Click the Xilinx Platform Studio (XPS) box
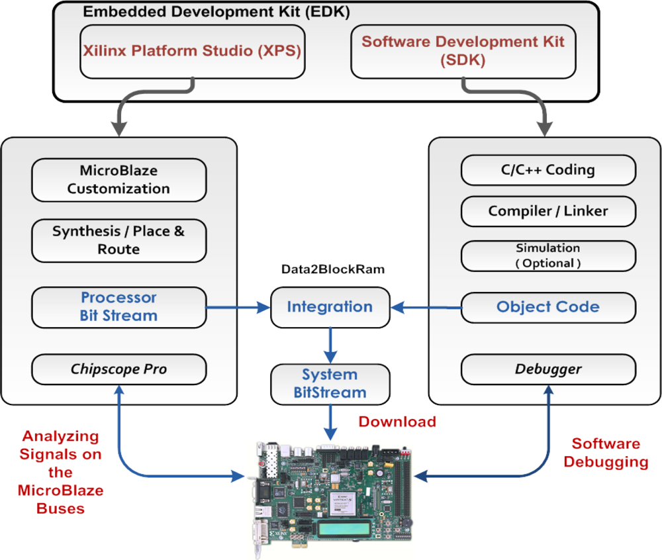pos(192,52)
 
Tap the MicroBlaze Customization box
pos(119,179)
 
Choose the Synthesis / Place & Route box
pos(119,240)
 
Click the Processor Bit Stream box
pos(119,307)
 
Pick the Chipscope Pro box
pos(119,369)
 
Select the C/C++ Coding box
pos(548,170)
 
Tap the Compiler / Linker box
pos(548,211)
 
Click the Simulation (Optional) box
pos(548,256)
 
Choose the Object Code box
pos(548,307)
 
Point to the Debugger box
pos(548,369)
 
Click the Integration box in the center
pos(330,307)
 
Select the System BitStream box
pos(330,384)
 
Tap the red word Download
pos(397,422)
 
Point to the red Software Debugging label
pos(606,453)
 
